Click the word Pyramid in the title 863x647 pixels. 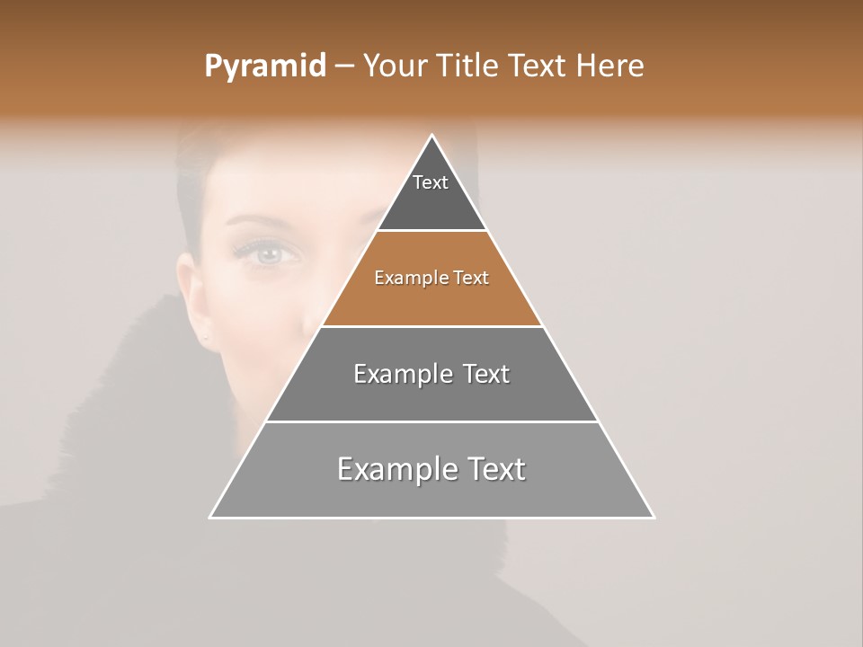click(264, 66)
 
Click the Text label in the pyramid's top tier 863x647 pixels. click(431, 182)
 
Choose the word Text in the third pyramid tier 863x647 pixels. click(485, 374)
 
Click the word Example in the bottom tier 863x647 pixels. click(396, 469)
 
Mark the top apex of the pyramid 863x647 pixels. click(431, 136)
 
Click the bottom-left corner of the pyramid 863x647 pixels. click(211, 517)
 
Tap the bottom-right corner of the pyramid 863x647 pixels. click(653, 517)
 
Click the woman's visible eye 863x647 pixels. click(267, 254)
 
